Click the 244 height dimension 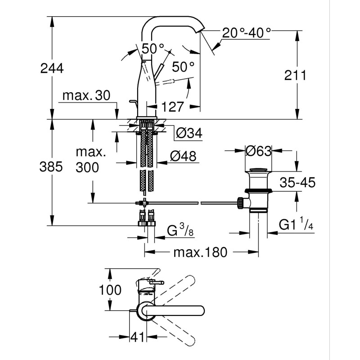(52, 68)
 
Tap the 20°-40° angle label (247, 32)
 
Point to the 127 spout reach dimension (173, 107)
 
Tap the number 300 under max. (87, 168)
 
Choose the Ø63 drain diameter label (259, 151)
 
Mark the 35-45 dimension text (297, 183)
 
